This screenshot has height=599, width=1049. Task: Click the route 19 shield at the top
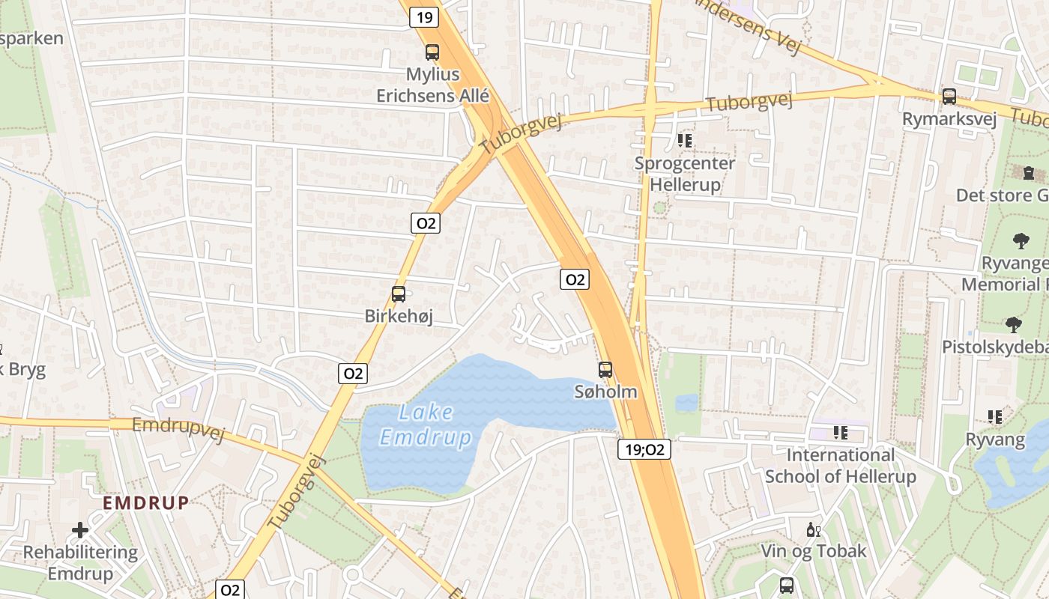click(x=424, y=17)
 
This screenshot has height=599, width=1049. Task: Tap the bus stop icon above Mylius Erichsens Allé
click(x=432, y=52)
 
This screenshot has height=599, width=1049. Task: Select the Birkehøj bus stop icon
click(x=399, y=294)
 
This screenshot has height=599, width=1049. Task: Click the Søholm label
click(x=605, y=392)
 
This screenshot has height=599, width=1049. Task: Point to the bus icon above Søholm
click(x=605, y=369)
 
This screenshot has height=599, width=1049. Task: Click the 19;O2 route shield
click(x=644, y=449)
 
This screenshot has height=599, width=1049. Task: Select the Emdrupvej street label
click(x=178, y=429)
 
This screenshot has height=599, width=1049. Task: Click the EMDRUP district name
click(x=146, y=502)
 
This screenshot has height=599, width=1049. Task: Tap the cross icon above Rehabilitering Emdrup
click(x=80, y=531)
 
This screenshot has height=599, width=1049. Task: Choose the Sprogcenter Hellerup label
click(x=684, y=174)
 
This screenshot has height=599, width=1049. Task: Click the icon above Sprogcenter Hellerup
click(x=684, y=140)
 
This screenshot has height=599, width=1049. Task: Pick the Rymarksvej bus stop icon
click(x=949, y=97)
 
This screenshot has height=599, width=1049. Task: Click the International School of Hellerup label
click(x=840, y=466)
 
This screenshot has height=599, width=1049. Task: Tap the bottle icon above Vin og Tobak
click(x=813, y=529)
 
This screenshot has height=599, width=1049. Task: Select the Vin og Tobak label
click(x=813, y=551)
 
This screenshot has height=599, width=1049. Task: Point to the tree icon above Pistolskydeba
click(x=1013, y=325)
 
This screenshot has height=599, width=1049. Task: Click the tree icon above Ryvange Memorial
click(x=1020, y=241)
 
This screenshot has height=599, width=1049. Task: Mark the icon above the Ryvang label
click(x=995, y=417)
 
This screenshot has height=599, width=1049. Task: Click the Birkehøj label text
click(x=399, y=317)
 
